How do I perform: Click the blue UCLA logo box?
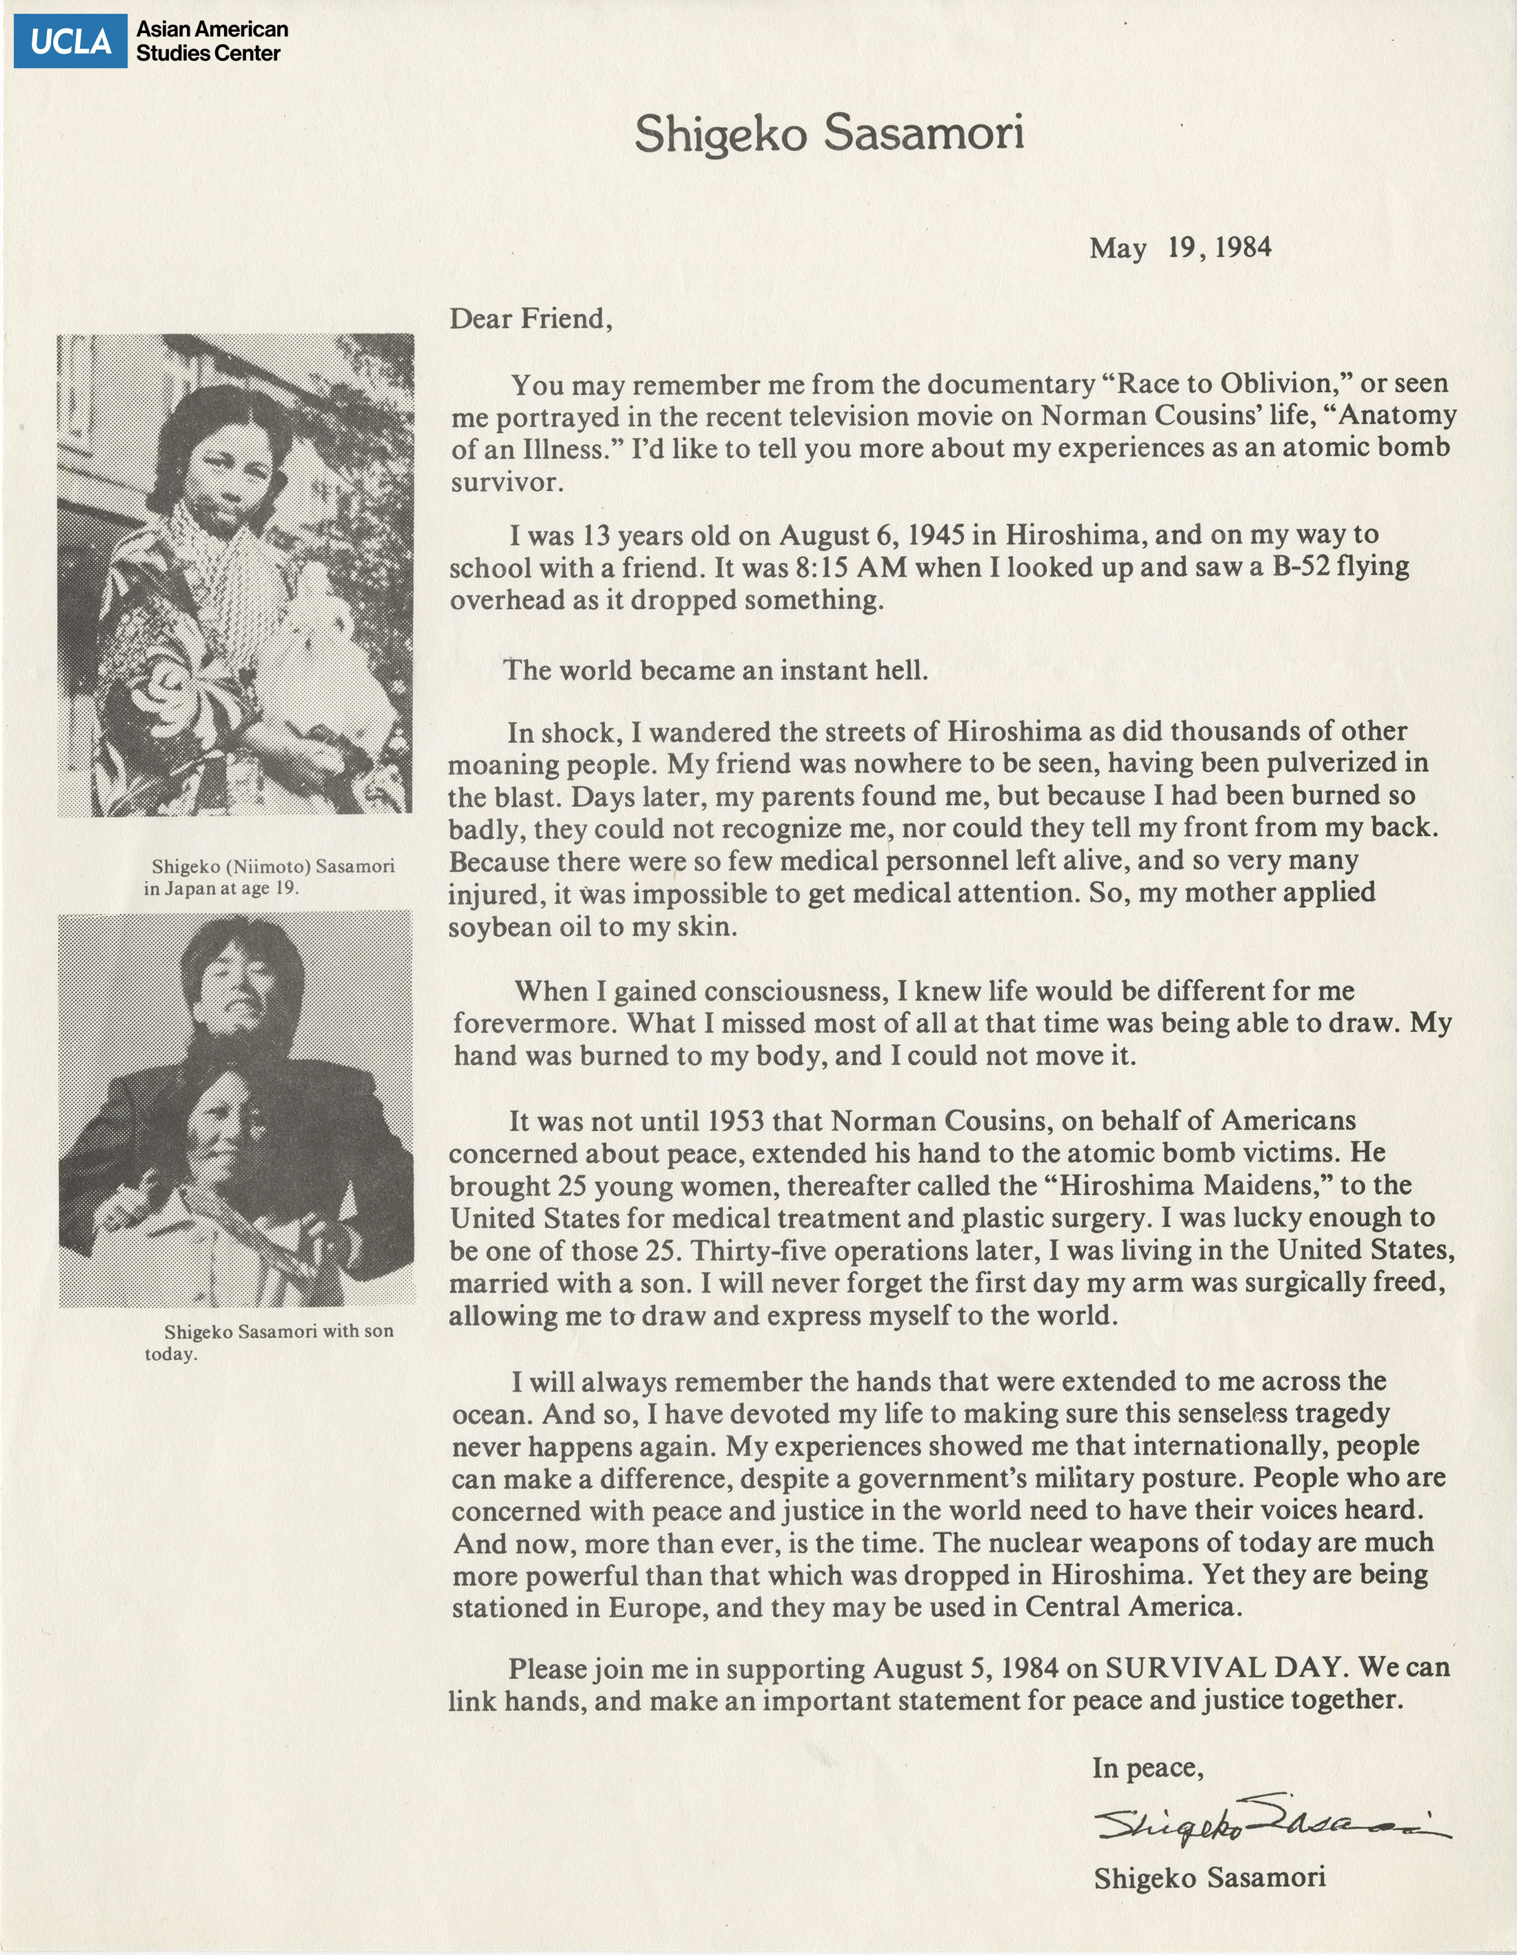point(70,41)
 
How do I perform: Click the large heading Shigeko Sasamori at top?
point(829,135)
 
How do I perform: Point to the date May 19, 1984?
point(1180,247)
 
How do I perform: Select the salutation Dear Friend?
point(530,319)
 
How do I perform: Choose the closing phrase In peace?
point(1147,1767)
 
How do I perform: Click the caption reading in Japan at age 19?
point(221,889)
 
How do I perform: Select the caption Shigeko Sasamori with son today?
point(268,1342)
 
